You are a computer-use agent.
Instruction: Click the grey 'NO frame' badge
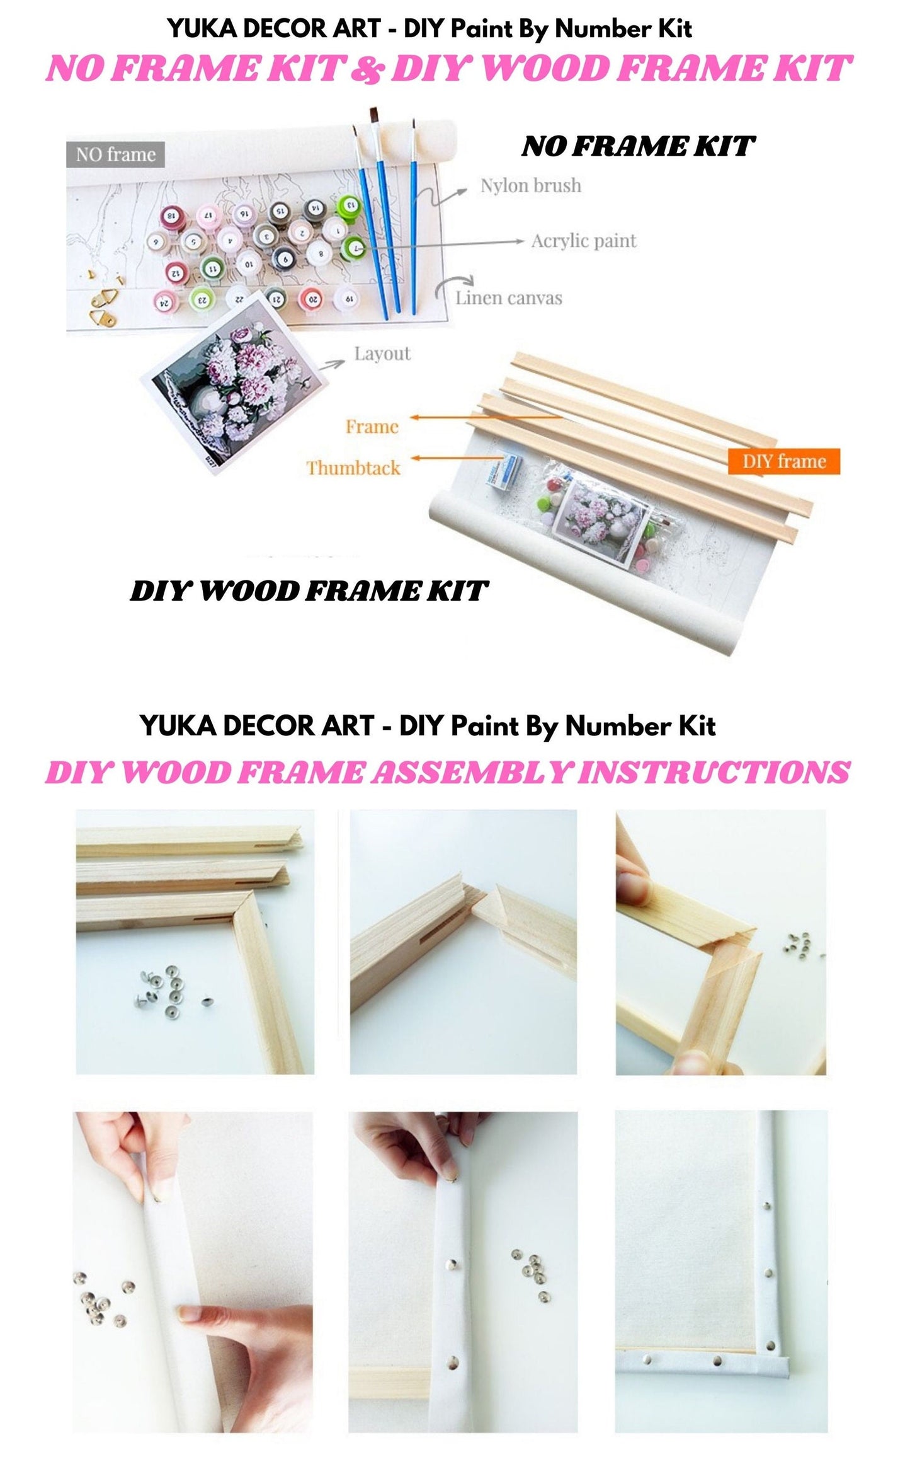tap(115, 154)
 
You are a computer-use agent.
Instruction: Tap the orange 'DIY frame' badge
tap(783, 461)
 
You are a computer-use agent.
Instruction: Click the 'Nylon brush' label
tap(530, 185)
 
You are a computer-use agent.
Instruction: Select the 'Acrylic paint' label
tap(583, 241)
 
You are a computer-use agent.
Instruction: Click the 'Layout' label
tap(382, 354)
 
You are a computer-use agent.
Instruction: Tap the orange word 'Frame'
tap(372, 427)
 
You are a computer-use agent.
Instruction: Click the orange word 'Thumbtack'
tap(353, 468)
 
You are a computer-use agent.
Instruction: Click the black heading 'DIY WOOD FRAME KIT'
tap(308, 591)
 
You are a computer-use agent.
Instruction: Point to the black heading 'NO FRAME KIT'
tap(637, 147)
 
